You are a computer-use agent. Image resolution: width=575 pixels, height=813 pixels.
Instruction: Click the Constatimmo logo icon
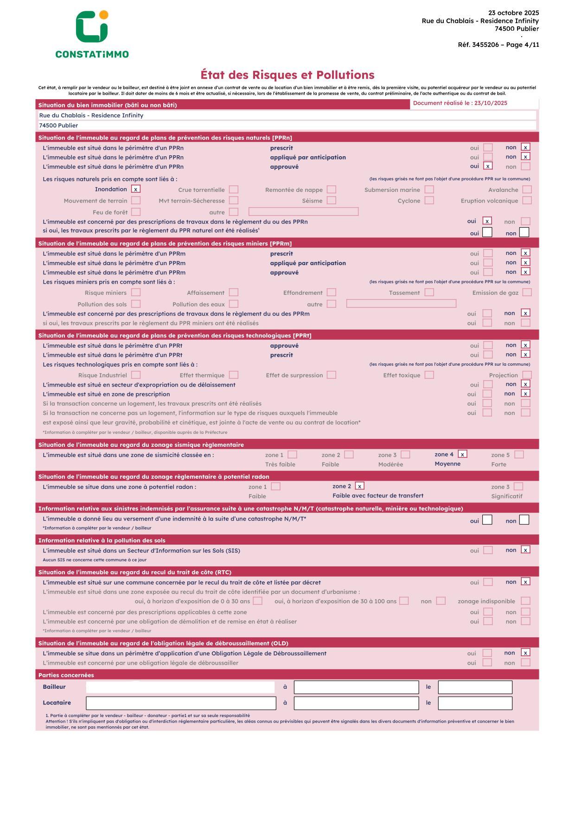point(92,27)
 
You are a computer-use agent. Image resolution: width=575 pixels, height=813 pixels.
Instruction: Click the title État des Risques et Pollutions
point(287,75)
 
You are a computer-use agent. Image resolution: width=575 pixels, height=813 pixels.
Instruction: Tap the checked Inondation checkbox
point(135,189)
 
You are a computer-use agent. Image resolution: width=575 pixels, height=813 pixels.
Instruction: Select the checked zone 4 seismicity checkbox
point(462,454)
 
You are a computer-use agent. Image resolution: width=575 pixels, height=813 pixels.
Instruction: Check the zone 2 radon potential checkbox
point(359,486)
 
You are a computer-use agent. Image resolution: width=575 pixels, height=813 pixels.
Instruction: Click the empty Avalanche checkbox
point(527,190)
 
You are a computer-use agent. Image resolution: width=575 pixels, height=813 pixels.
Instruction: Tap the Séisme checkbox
point(331,201)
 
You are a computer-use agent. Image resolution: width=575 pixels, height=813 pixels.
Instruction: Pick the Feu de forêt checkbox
point(135,212)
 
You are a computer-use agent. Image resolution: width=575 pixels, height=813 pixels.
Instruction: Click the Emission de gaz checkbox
point(527,292)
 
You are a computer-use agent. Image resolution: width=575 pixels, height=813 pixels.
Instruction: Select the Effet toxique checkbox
point(429,375)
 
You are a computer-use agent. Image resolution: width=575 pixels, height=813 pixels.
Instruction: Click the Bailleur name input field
point(180,687)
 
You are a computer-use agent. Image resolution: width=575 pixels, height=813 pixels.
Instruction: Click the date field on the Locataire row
point(475,703)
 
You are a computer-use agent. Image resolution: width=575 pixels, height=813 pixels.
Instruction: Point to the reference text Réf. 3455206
point(478,45)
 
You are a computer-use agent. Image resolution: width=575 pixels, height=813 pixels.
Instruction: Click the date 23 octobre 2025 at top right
point(514,13)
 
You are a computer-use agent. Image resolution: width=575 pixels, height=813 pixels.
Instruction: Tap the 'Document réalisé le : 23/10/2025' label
point(460,103)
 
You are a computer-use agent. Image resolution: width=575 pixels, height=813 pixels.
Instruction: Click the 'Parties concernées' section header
point(66,675)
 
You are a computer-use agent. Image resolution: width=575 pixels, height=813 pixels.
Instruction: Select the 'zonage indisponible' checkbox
point(525,601)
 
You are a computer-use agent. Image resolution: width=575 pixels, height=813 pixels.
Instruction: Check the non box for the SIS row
point(525,550)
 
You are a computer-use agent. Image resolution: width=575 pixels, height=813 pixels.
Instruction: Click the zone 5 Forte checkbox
point(519,455)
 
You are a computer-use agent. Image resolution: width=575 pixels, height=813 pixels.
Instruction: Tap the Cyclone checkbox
point(429,201)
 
